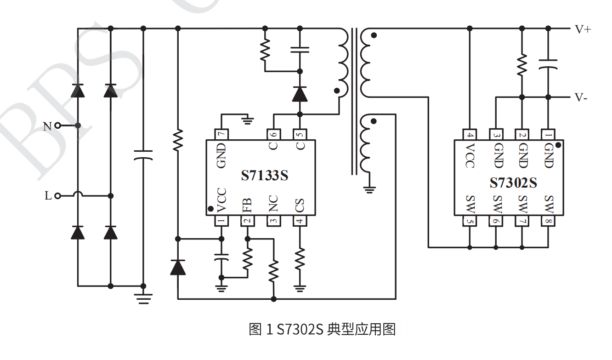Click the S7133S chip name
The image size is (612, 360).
265,175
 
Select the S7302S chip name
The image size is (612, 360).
513,183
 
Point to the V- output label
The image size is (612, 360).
581,98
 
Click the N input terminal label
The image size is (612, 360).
47,126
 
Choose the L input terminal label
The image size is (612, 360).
48,196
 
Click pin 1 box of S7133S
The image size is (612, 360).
222,221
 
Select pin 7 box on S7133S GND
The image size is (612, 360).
222,134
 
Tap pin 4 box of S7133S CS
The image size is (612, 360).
300,221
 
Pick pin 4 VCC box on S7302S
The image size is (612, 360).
470,135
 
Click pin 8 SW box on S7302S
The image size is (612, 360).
548,221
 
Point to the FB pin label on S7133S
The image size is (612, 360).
247,205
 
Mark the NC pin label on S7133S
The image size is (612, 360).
273,205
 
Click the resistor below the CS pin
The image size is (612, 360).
300,259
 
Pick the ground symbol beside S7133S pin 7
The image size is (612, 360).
248,120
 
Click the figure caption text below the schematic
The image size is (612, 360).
322,330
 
